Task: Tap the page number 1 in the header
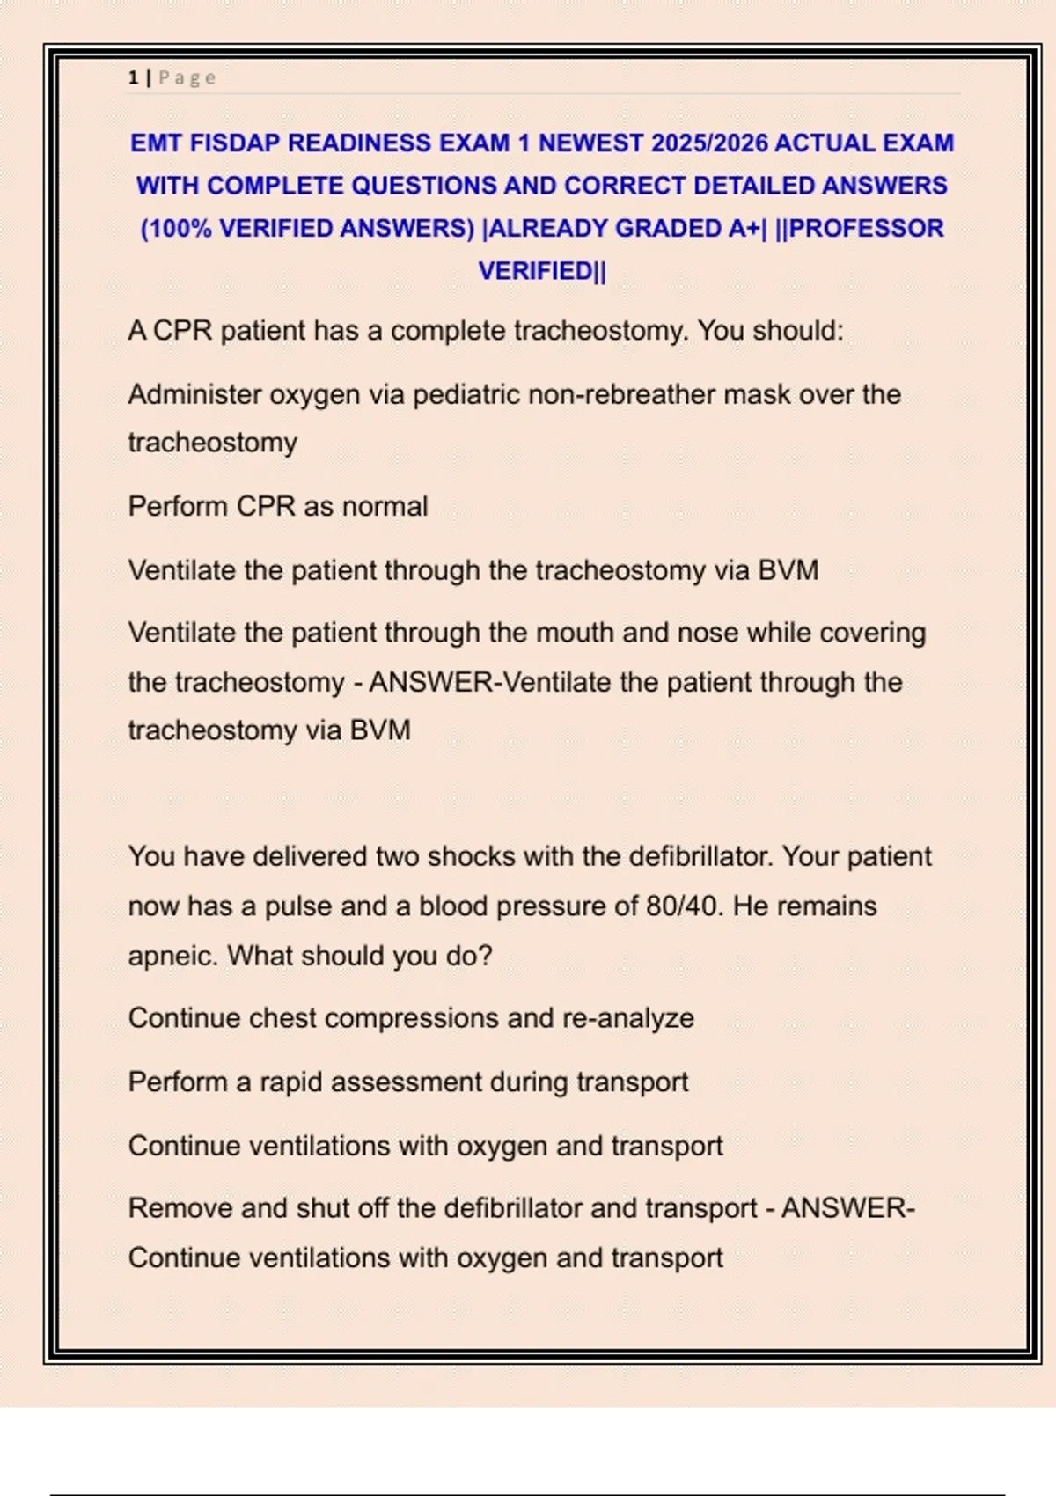(133, 77)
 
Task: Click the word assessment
(404, 1082)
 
